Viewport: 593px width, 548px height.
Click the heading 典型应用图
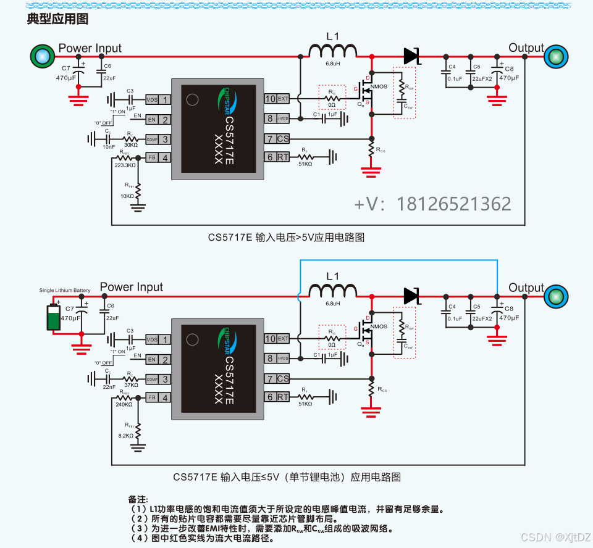(x=57, y=19)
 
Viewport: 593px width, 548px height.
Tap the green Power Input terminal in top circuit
(x=42, y=56)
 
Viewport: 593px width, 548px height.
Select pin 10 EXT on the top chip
(x=277, y=99)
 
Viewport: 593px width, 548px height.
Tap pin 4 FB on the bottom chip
(x=158, y=398)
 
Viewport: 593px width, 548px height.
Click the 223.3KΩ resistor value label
(x=125, y=165)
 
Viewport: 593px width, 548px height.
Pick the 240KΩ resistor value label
(x=124, y=405)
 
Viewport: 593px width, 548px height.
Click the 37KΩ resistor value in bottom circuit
(x=130, y=385)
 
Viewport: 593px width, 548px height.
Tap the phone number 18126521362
(x=453, y=204)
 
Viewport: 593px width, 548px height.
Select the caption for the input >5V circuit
(x=291, y=237)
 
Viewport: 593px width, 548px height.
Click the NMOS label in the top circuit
(x=379, y=87)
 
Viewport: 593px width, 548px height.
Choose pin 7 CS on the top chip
(x=277, y=139)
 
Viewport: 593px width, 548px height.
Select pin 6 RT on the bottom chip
(x=277, y=397)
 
